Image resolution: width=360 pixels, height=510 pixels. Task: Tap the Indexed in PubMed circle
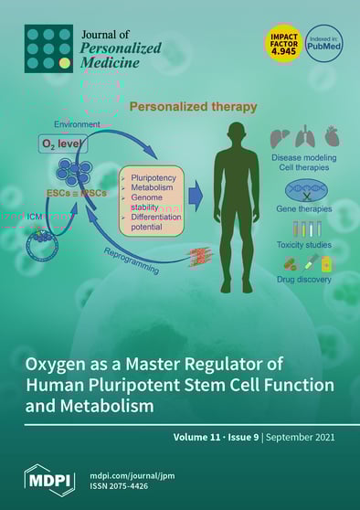(324, 44)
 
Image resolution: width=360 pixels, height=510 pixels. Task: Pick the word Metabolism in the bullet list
(155, 182)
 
